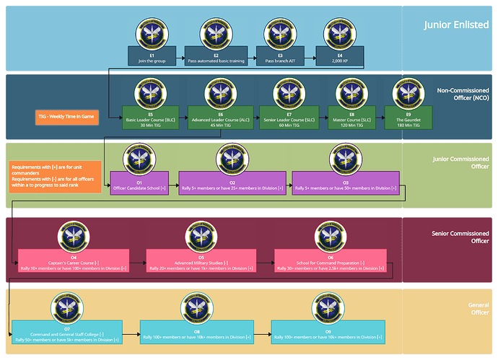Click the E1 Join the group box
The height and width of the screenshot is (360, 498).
click(x=152, y=57)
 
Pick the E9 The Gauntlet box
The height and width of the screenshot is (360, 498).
click(x=413, y=118)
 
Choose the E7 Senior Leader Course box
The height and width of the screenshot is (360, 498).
click(x=289, y=118)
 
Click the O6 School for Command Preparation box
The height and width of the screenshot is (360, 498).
click(x=331, y=260)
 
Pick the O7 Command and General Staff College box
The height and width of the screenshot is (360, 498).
click(x=66, y=335)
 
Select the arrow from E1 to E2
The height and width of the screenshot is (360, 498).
click(x=180, y=57)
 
